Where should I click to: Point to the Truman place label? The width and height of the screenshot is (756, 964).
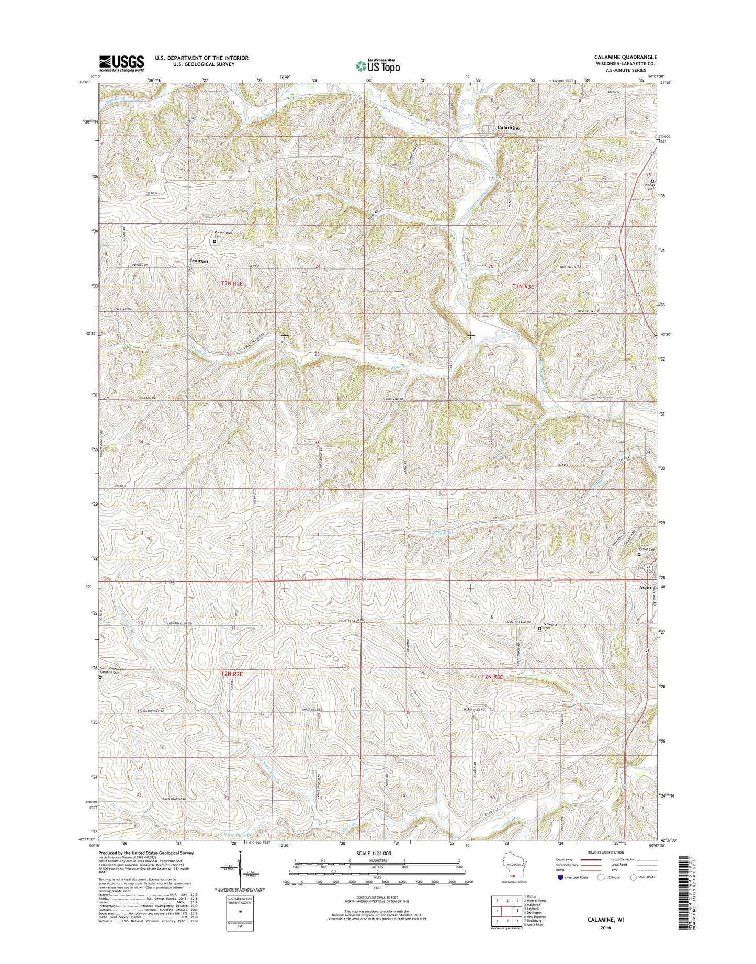(198, 261)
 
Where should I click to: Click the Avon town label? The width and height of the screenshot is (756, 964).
(645, 588)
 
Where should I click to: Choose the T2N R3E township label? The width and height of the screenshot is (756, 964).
(491, 677)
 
